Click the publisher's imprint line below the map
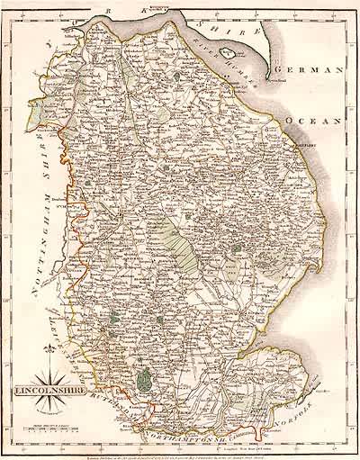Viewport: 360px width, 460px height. pyautogui.click(x=180, y=447)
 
